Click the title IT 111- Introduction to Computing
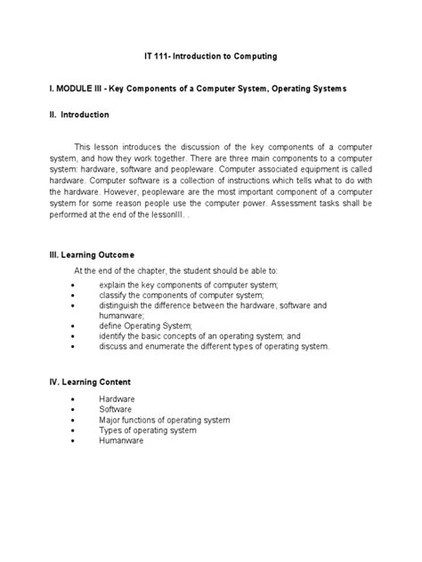211,56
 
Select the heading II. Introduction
79,115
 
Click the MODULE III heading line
211,90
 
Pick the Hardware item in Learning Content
118,399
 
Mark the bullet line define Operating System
145,325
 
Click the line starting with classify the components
182,294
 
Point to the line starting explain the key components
189,284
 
